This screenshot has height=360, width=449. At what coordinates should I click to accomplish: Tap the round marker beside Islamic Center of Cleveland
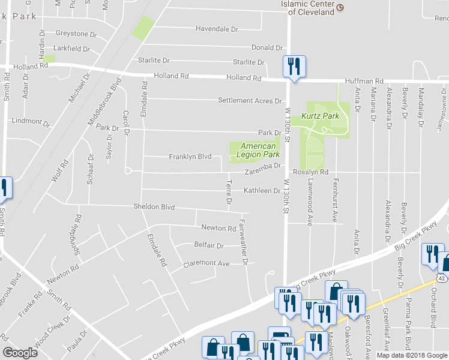(x=340, y=8)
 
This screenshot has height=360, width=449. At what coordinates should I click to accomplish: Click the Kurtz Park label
(x=320, y=116)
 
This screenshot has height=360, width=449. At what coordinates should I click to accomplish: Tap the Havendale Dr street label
(x=217, y=29)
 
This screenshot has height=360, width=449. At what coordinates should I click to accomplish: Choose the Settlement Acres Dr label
(x=250, y=101)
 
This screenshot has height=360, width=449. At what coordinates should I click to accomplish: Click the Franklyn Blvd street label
(x=190, y=157)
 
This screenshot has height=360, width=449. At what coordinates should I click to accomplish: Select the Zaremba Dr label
(x=262, y=173)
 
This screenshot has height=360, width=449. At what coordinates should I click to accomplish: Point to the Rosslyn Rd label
(x=311, y=172)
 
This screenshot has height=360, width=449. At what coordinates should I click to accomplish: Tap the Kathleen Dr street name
(x=262, y=191)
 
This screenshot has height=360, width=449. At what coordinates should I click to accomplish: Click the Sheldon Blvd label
(x=154, y=207)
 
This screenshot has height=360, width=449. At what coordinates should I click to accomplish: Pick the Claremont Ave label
(x=206, y=263)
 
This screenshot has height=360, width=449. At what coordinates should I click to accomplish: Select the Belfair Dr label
(x=208, y=245)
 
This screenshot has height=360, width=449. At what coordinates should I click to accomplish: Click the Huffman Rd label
(x=364, y=81)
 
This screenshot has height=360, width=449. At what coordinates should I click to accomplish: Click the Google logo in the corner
(x=20, y=352)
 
